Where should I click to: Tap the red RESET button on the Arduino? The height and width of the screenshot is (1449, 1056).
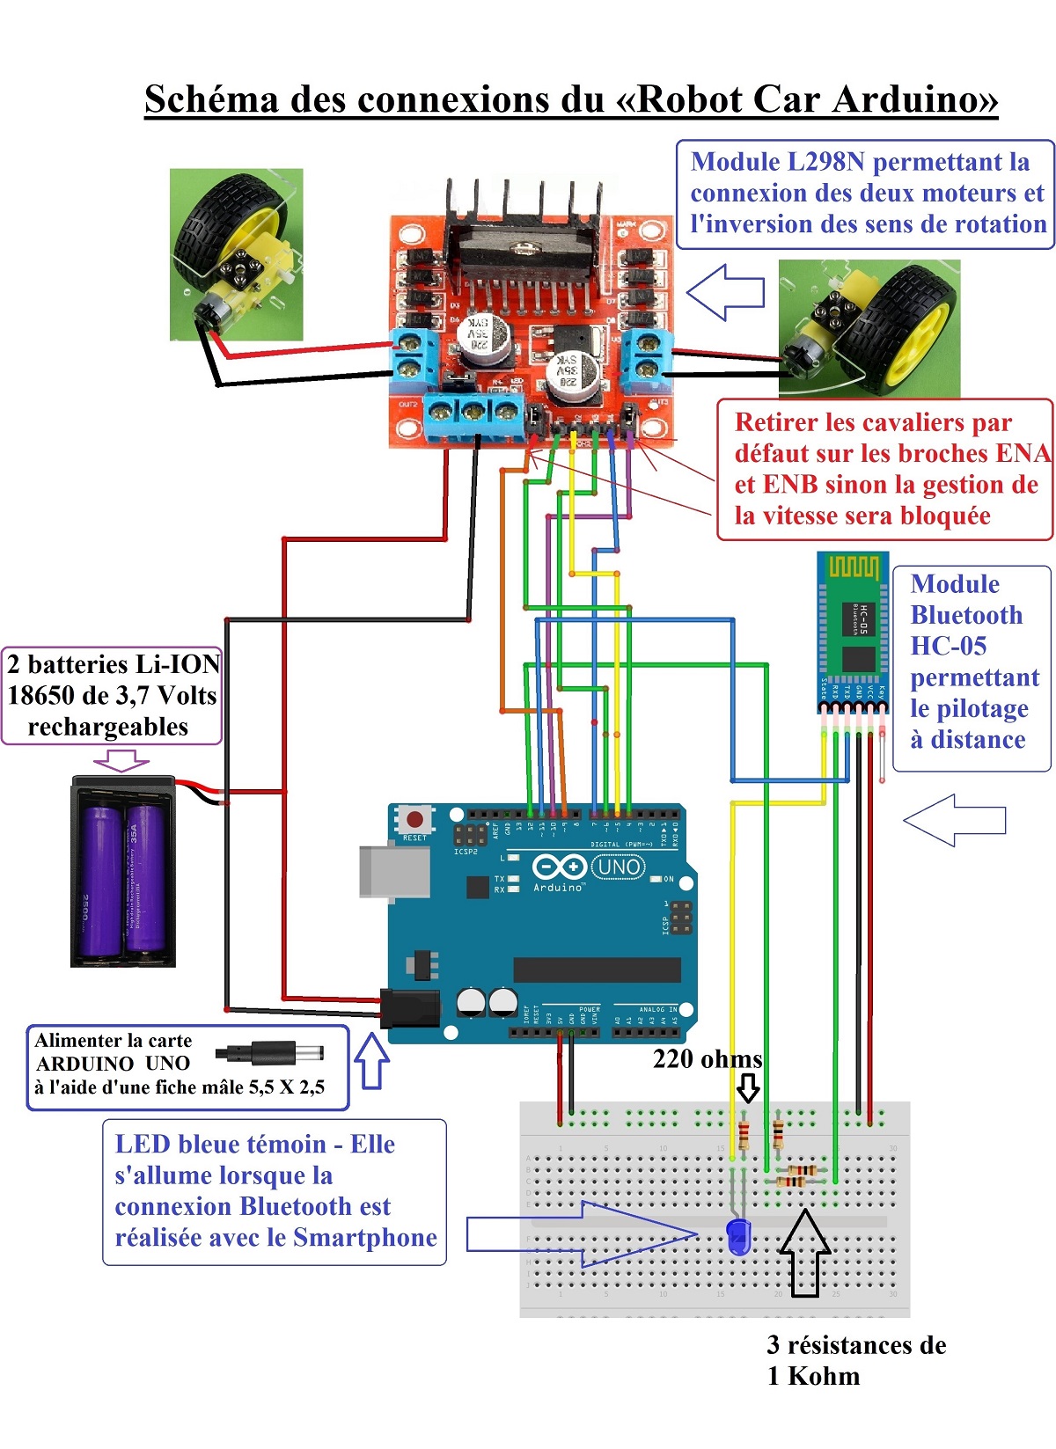point(414,819)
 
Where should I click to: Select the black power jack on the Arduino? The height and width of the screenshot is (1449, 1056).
point(410,1008)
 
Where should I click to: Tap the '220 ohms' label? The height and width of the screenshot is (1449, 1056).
point(707,1058)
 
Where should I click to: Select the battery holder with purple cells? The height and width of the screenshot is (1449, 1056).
point(123,871)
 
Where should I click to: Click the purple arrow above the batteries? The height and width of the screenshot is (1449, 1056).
point(121,759)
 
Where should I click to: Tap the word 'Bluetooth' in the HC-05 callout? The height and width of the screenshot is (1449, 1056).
point(966,615)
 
